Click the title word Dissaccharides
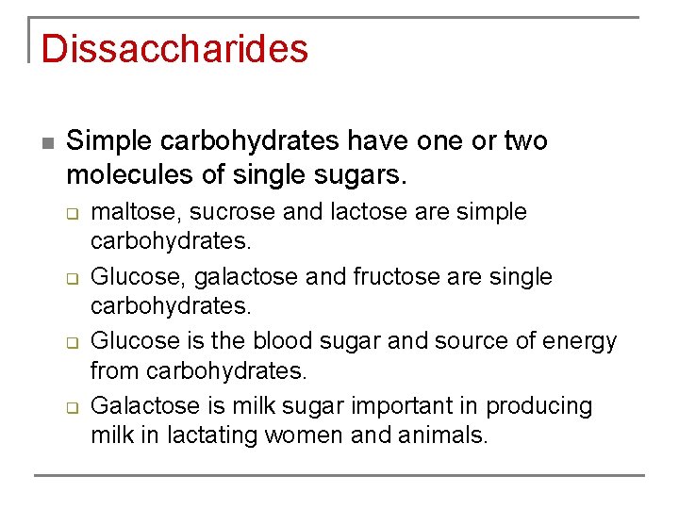[174, 49]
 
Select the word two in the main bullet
[525, 141]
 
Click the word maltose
[127, 212]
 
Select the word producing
[538, 406]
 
